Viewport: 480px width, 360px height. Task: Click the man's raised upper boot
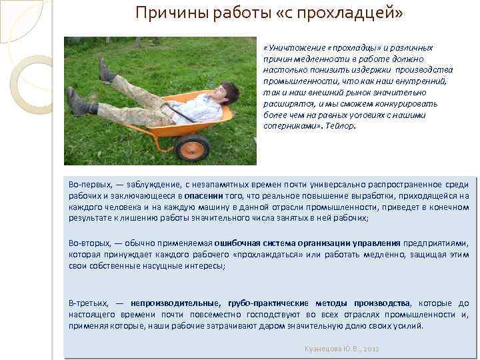[105, 69]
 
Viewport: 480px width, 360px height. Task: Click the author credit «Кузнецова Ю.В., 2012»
[341, 349]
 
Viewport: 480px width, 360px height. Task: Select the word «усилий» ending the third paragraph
[409, 325]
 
